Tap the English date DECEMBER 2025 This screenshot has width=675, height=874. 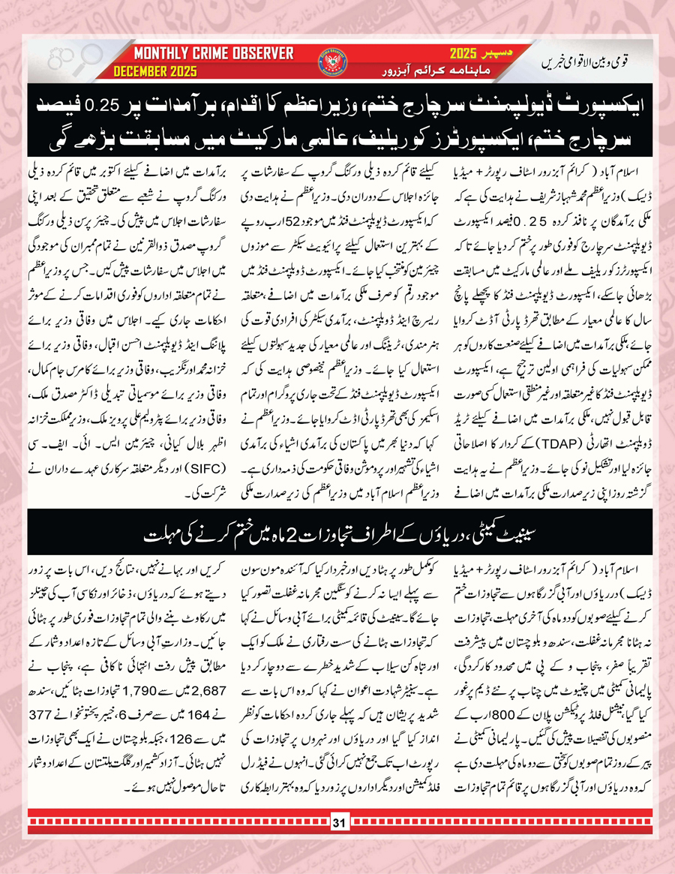pos(155,71)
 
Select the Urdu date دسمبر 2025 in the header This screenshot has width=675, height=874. pos(468,55)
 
